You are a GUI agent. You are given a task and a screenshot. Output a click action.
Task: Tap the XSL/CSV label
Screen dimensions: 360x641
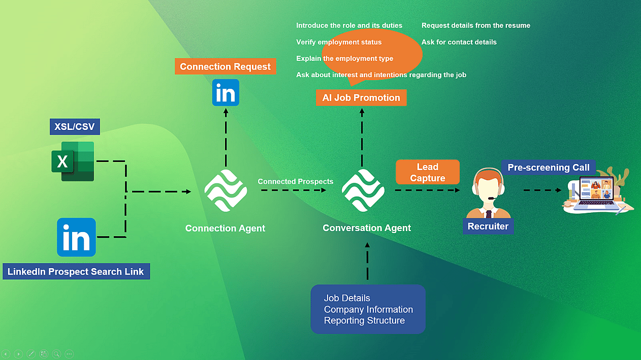[x=75, y=126]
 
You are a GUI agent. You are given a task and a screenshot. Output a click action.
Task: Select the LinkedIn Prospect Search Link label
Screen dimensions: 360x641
[x=76, y=272]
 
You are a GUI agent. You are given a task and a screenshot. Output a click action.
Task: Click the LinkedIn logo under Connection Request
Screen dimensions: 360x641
[x=226, y=93]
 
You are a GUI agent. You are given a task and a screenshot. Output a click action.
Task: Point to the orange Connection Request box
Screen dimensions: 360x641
[x=225, y=67]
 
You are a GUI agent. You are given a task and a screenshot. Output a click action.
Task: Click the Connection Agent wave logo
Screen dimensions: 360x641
[x=226, y=191]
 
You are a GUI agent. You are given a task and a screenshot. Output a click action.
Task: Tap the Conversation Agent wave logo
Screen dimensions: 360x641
[x=363, y=191]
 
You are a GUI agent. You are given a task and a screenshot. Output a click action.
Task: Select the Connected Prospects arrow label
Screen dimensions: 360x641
[x=295, y=181]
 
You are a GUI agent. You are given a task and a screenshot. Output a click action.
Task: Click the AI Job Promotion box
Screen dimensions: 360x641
[x=361, y=97]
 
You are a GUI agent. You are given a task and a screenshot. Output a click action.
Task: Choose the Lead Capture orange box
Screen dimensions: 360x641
[x=428, y=172]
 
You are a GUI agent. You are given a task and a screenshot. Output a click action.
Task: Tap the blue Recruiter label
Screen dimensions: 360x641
[x=488, y=226]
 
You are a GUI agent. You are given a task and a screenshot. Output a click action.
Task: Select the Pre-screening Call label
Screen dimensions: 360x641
[x=549, y=167]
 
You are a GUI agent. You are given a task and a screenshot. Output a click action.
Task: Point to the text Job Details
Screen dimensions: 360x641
[x=347, y=298]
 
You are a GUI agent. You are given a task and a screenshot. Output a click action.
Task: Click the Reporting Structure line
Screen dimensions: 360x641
[x=364, y=320]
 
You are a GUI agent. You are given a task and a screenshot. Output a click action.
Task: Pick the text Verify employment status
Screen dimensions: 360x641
[x=339, y=42]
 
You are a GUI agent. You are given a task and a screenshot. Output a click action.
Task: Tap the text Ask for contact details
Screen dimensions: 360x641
[x=459, y=42]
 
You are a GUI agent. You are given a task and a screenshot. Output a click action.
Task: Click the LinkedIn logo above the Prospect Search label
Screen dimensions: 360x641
[x=76, y=237]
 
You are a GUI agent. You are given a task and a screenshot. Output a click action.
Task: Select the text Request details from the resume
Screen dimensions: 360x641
[x=475, y=25]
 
